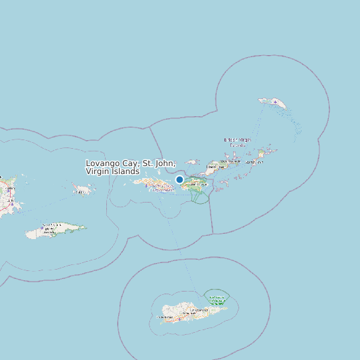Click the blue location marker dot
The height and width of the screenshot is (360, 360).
tap(179, 179)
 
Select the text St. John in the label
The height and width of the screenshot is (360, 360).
tap(159, 163)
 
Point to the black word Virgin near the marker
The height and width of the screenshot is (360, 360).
tap(98, 171)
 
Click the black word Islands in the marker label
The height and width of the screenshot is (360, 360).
tap(126, 171)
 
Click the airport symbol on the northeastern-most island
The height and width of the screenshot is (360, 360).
tap(274, 102)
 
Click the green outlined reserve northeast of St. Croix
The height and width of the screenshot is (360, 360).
tap(215, 296)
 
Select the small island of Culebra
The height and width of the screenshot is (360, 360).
tap(83, 191)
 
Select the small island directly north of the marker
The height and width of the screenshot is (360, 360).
tap(193, 161)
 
